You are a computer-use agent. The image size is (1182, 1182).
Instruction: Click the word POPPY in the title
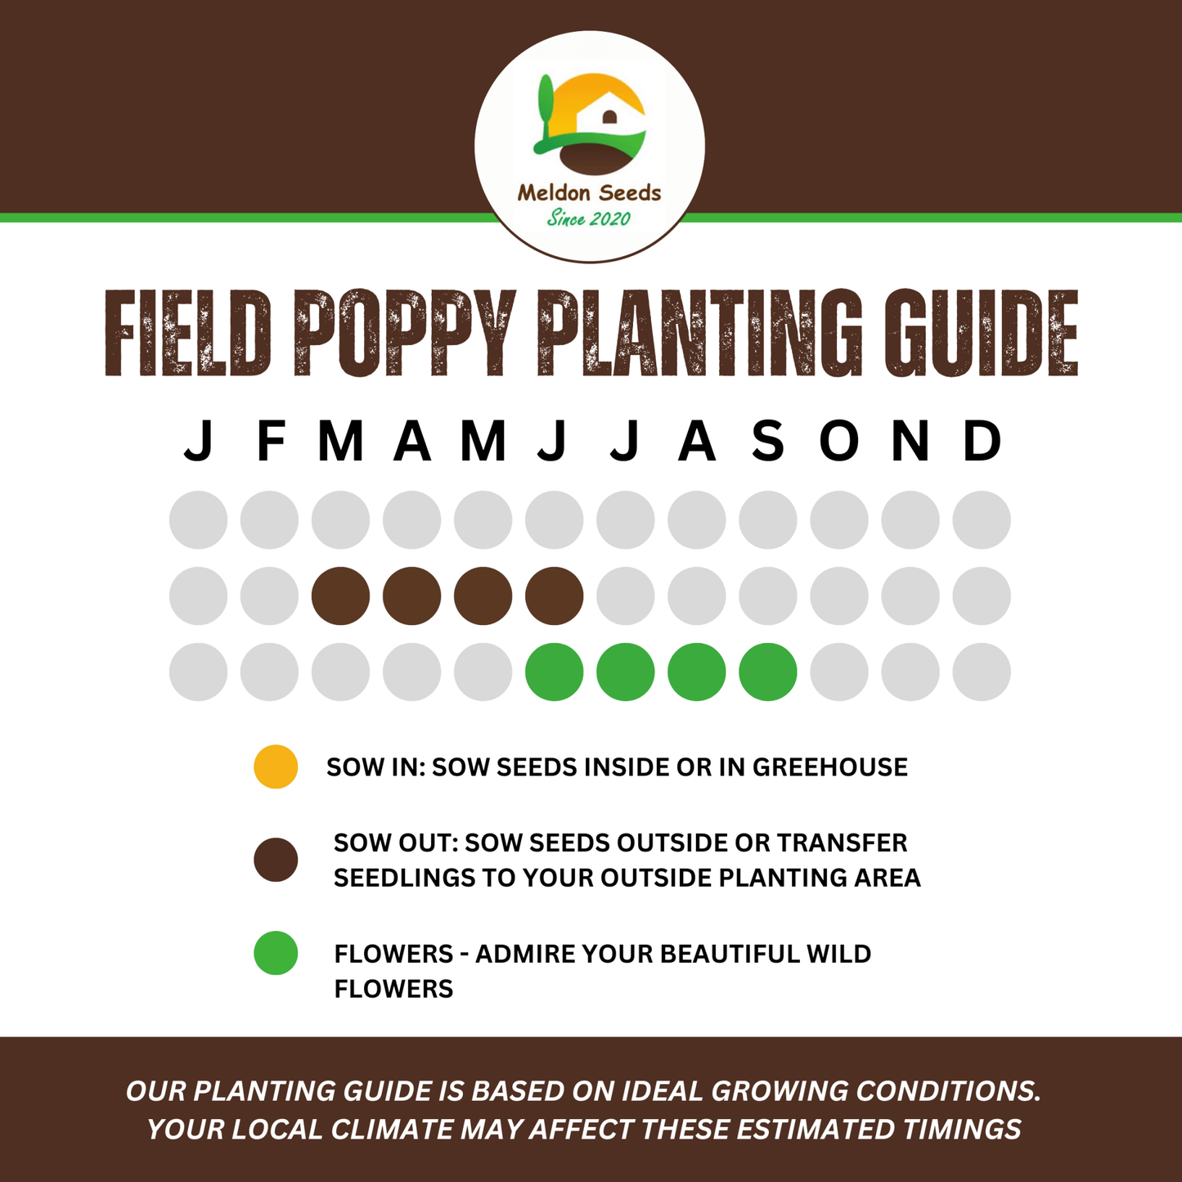click(404, 333)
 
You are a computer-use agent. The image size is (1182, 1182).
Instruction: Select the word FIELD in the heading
click(187, 333)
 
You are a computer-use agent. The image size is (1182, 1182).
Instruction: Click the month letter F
click(270, 441)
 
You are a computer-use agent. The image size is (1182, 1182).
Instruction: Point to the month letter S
click(768, 441)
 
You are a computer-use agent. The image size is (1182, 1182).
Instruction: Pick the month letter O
click(839, 441)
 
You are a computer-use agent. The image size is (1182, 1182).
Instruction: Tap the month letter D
click(982, 441)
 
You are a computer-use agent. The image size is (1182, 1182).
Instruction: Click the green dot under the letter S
click(768, 672)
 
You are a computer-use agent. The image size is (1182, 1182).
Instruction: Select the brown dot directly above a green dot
click(555, 595)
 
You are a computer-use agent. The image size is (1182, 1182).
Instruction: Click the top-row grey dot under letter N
click(910, 519)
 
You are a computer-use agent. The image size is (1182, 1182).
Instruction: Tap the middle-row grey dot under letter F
click(270, 595)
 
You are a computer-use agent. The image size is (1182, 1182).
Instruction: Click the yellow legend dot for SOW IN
click(276, 766)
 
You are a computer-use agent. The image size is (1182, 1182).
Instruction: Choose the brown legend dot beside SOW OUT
click(276, 860)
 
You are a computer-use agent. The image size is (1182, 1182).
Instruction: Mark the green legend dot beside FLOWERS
click(276, 953)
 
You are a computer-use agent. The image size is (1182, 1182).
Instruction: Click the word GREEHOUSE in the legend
click(829, 767)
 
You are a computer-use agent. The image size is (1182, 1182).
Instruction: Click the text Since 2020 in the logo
click(589, 218)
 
